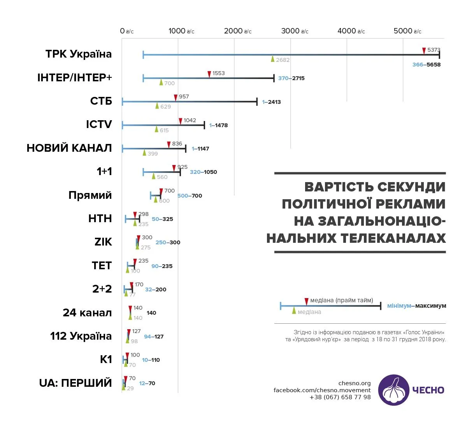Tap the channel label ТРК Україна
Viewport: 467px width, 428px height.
[x=79, y=54]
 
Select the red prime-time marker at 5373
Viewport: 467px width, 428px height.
[x=424, y=51]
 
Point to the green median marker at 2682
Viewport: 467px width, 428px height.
[x=273, y=59]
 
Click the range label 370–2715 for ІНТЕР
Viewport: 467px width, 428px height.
[x=291, y=78]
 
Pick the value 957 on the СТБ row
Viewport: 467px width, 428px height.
[x=184, y=96]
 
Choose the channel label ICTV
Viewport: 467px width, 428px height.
[x=99, y=125]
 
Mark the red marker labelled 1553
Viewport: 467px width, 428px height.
[x=209, y=74]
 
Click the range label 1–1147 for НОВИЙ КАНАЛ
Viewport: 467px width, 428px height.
[x=200, y=149]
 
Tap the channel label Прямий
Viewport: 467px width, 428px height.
[x=90, y=195]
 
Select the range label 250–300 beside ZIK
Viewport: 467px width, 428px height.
[x=168, y=242]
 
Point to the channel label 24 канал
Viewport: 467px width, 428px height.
[x=87, y=312]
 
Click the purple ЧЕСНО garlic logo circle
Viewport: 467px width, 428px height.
[x=393, y=390]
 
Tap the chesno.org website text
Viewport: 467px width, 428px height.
[x=355, y=383]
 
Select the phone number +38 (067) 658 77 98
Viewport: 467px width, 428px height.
[x=340, y=397]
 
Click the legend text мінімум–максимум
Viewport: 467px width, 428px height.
[x=416, y=306]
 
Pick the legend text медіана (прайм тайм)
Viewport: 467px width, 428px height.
[x=341, y=300]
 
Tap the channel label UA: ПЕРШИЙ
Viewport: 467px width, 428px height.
[x=75, y=383]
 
